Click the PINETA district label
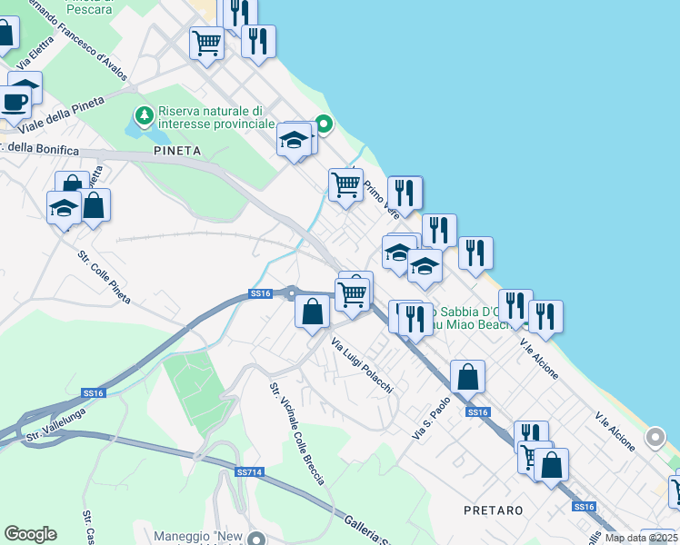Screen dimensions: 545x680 click(176, 150)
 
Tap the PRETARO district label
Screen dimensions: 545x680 click(493, 510)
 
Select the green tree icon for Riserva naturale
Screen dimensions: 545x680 click(144, 115)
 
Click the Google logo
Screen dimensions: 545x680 click(30, 534)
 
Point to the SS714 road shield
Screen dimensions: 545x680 click(249, 472)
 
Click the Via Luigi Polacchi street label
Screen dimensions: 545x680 click(362, 366)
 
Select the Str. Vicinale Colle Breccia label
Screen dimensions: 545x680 click(296, 433)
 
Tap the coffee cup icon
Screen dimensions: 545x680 click(15, 102)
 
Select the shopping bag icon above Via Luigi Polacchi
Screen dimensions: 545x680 click(312, 312)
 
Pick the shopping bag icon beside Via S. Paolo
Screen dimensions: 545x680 click(467, 376)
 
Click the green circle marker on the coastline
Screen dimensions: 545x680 click(323, 124)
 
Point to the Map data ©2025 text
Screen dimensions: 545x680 click(641, 538)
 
